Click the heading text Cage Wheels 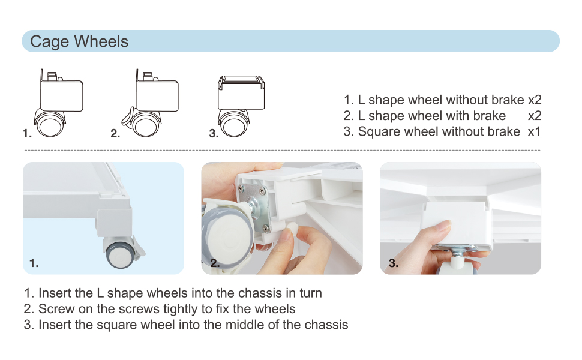point(79,41)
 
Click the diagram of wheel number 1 point(58,103)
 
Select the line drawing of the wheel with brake point(150,103)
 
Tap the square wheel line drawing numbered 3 point(241,106)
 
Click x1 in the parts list point(534,132)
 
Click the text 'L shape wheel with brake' point(431,116)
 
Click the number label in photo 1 point(34,263)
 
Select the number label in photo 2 point(215,263)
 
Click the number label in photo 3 point(394,263)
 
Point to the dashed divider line point(282,151)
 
